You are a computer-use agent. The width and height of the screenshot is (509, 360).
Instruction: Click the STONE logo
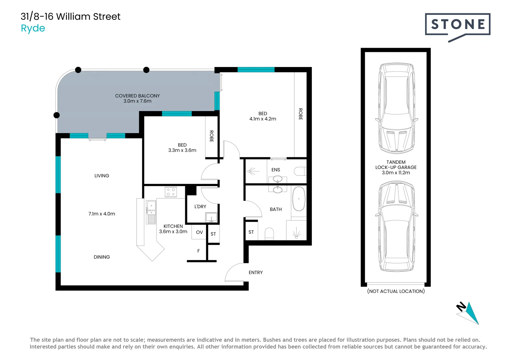(457, 25)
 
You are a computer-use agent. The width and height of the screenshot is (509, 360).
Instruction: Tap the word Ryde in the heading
(33, 28)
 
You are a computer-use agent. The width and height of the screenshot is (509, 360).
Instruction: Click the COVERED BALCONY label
(137, 96)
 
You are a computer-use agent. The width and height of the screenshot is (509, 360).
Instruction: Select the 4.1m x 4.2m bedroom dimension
(262, 119)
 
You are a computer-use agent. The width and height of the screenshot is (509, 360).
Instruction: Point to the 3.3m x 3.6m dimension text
(182, 150)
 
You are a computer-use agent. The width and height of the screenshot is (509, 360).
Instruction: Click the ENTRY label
(255, 273)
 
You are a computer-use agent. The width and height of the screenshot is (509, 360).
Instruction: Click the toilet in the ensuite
(300, 171)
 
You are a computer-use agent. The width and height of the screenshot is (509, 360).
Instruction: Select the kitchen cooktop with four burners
(171, 192)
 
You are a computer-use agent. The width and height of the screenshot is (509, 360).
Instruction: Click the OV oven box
(199, 232)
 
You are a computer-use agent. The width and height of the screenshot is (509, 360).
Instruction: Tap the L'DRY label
(200, 207)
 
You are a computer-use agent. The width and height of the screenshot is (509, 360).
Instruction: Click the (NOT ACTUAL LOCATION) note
(396, 291)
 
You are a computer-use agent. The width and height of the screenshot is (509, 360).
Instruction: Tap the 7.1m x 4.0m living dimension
(102, 214)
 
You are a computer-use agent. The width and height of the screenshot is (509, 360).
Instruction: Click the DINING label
(102, 257)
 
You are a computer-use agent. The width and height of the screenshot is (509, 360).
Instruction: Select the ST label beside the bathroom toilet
(251, 232)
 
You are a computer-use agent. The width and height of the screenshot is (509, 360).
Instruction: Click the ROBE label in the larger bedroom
(300, 114)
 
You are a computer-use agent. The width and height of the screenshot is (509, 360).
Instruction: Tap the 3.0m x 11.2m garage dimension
(396, 173)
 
